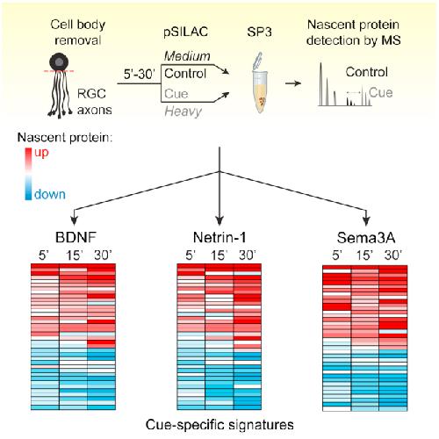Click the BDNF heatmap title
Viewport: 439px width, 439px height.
[76, 237]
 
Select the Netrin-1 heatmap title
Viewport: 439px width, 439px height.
[219, 237]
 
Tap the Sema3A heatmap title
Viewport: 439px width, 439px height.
[366, 238]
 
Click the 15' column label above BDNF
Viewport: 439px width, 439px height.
[74, 255]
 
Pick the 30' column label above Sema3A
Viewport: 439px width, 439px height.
[392, 255]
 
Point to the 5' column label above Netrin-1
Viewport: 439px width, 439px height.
[191, 255]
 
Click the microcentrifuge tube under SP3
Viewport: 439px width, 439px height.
[259, 83]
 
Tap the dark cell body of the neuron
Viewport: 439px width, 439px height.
[59, 62]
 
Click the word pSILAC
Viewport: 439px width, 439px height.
[186, 32]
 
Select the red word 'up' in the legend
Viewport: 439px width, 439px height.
[41, 153]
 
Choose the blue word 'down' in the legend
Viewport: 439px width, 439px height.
[50, 194]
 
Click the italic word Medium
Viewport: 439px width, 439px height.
[187, 56]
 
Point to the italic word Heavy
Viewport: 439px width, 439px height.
[184, 112]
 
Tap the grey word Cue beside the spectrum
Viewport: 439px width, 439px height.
[381, 93]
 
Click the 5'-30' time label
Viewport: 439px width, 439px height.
[139, 75]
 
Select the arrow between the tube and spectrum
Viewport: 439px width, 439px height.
[293, 83]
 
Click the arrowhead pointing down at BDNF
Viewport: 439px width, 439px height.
[74, 220]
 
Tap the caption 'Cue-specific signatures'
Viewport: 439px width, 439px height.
[219, 425]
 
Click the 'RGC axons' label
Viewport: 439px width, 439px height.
[94, 102]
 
